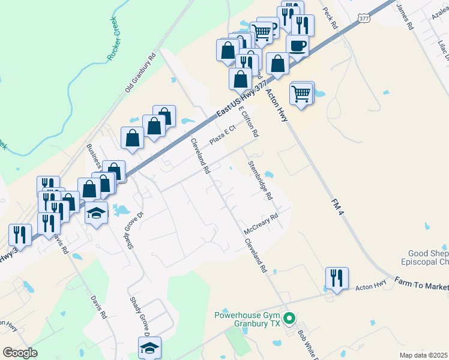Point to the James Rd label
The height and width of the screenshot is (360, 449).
click(405, 16)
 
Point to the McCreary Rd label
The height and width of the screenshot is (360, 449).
click(261, 224)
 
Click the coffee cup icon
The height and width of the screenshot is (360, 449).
click(297, 46)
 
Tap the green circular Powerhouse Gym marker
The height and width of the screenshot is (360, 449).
click(289, 319)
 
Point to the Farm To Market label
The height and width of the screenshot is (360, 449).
click(421, 283)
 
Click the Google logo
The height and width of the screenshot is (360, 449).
click(20, 353)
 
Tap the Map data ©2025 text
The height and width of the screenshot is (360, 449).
click(423, 355)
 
